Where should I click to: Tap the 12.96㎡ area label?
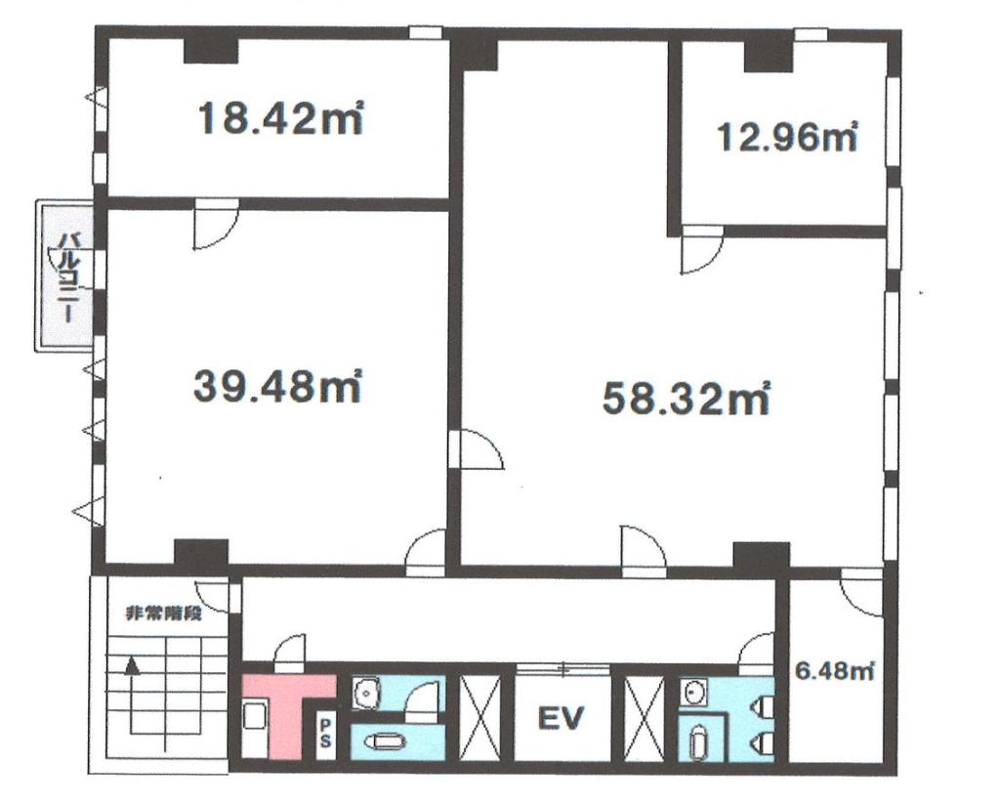787,137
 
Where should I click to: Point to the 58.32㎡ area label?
687,398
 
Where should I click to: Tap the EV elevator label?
562,719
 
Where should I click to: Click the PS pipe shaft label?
325,733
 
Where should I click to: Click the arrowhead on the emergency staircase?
132,667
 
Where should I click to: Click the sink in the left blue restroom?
365,692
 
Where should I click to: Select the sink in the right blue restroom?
693,692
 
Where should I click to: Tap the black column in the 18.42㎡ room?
211,51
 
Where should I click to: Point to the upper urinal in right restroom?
764,706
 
